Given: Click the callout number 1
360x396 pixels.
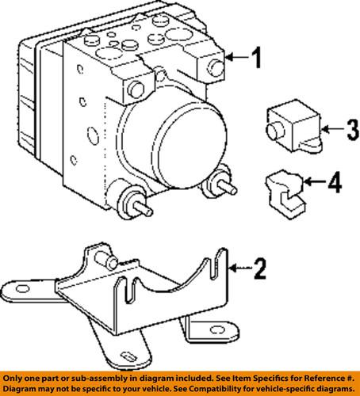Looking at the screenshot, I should pos(255,57).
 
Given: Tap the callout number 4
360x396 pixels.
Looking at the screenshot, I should pos(335,185).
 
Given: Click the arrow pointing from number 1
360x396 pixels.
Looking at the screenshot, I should pos(236,57).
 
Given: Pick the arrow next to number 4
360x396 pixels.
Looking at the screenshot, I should pos(313,185).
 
